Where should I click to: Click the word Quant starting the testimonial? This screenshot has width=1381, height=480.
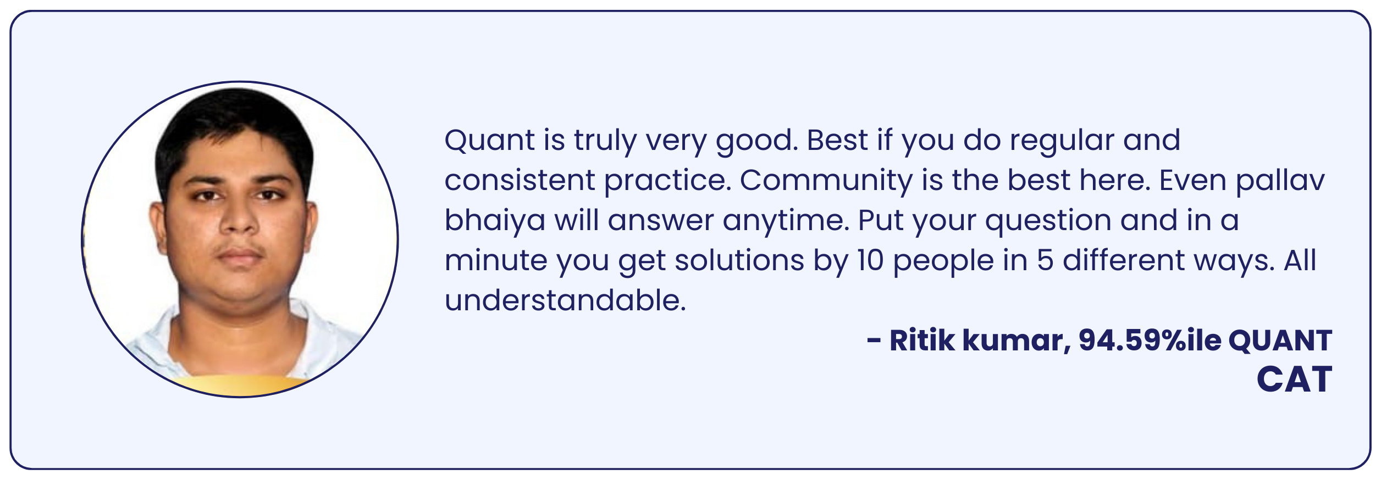point(489,141)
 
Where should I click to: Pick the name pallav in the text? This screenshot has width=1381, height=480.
point(1280,181)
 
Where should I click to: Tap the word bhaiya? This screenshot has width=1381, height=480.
point(494,221)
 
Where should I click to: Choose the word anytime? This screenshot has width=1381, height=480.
point(786,221)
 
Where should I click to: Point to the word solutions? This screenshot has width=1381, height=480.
point(739,261)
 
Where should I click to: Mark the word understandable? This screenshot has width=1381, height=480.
point(565,301)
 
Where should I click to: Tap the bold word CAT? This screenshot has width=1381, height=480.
point(1294,379)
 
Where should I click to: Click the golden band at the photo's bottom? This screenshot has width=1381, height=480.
point(239,387)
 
